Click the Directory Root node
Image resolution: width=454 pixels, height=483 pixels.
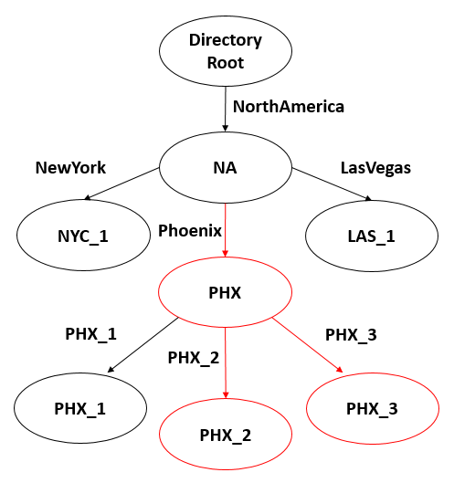point(225,51)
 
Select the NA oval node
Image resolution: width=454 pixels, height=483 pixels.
point(225,168)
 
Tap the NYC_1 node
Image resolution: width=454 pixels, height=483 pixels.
point(83,236)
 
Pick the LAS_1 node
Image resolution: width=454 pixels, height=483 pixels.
point(372,236)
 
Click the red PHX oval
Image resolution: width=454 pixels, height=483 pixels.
point(225,294)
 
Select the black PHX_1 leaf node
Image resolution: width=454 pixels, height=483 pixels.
point(80,408)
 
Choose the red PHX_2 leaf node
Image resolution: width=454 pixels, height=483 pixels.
point(227,434)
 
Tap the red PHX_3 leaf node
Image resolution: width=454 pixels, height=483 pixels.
point(372,408)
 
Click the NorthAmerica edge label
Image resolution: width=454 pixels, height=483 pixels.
point(288,107)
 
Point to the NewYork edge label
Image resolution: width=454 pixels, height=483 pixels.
point(70,168)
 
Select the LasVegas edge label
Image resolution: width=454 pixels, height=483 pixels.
point(375,168)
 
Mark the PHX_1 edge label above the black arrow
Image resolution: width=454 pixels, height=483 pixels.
point(90,333)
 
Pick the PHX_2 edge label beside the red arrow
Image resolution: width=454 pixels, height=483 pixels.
point(193,357)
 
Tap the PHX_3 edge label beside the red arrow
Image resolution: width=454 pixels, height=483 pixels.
point(351,333)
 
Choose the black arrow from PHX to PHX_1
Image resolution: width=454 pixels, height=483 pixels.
point(143,345)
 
